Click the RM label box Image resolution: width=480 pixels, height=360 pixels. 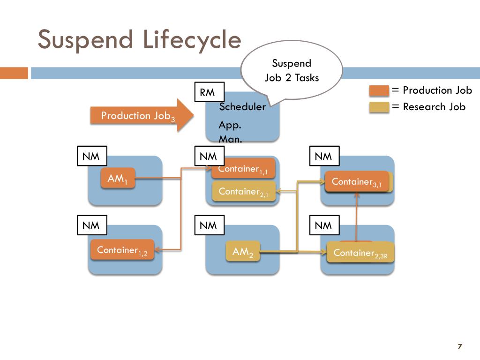(x=210, y=92)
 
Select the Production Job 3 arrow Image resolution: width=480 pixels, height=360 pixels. (x=142, y=115)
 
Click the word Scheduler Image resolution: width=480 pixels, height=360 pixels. (x=242, y=106)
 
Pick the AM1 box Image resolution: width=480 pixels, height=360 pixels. (x=118, y=178)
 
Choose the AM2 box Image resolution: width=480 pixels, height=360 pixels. (x=243, y=251)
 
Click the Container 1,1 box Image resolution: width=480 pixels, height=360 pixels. (x=243, y=168)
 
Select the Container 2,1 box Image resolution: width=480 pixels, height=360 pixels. (x=244, y=191)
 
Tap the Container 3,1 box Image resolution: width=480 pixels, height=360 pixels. (x=357, y=181)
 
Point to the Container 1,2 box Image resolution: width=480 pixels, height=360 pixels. (x=122, y=249)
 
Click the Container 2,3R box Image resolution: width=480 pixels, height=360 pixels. (x=360, y=252)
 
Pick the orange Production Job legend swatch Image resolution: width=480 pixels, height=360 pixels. (x=379, y=90)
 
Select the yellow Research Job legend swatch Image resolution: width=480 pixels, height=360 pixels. (x=379, y=107)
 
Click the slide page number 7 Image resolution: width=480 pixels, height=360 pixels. (x=459, y=346)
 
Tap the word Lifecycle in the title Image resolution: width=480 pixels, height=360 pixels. (x=192, y=40)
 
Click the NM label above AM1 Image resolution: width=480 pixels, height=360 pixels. (x=92, y=156)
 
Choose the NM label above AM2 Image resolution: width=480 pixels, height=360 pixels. (x=210, y=225)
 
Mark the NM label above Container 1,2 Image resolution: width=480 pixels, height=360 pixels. (x=92, y=225)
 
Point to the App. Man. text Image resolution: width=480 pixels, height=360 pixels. (x=230, y=132)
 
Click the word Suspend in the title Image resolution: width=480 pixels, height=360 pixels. (x=85, y=40)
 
